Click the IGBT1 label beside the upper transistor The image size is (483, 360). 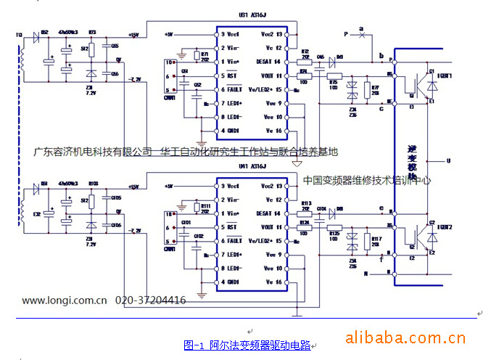point(444,75)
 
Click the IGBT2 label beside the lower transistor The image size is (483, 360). point(444,227)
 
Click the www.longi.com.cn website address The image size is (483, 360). point(65,300)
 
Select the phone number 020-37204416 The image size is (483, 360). point(150,300)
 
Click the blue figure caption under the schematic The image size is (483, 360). point(247,345)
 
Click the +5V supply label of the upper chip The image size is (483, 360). point(169,34)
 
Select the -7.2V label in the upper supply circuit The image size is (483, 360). point(135,78)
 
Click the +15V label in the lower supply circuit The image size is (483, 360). point(133,186)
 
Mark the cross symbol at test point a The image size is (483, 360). point(360,34)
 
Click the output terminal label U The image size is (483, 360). point(448,160)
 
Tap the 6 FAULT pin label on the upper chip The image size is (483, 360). point(230,89)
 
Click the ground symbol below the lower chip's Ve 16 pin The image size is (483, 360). point(296,314)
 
